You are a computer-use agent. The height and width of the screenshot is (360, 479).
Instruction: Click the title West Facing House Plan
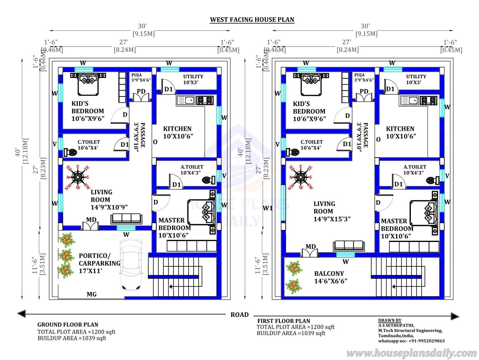tap(252, 20)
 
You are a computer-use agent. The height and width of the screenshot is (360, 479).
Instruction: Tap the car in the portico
tap(131, 265)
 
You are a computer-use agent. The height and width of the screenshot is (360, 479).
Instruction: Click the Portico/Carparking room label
tap(100, 263)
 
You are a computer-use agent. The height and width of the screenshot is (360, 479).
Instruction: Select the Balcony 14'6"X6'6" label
tap(330, 277)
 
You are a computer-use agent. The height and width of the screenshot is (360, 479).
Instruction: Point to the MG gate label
tap(91, 294)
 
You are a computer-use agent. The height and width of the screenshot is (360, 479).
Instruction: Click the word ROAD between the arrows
tap(239, 315)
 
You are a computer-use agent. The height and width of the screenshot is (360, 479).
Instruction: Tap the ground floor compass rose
tap(78, 177)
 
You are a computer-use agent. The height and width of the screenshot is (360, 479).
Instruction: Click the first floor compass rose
tap(301, 177)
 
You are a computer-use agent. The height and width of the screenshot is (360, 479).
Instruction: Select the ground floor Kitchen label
tap(178, 132)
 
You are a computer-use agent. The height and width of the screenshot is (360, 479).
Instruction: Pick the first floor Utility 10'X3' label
tap(416, 79)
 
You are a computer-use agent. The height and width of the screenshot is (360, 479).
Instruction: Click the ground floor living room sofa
tap(126, 219)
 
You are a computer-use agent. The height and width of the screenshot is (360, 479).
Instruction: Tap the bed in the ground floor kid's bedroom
tap(88, 84)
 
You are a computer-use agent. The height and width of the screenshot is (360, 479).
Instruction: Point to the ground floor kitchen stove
tap(205, 100)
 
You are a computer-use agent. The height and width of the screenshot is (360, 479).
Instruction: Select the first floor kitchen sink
tap(409, 101)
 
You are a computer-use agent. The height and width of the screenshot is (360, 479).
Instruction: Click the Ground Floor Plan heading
tap(68, 325)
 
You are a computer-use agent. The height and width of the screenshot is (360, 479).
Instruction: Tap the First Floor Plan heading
tap(283, 321)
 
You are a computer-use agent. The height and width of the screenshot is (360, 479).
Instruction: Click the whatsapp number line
tap(411, 341)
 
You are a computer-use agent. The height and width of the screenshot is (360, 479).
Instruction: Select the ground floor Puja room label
tap(141, 77)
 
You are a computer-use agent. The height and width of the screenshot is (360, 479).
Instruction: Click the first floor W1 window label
tap(268, 208)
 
